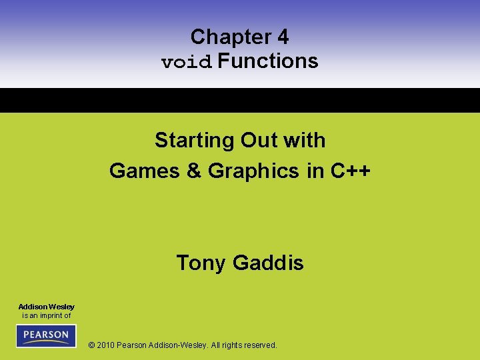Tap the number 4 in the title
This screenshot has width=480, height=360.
[283, 37]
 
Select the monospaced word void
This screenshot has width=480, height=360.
[187, 62]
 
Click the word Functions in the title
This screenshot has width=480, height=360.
[268, 61]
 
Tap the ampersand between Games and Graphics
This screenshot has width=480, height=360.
[194, 171]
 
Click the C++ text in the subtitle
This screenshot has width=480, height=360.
[351, 171]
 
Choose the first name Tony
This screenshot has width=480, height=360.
[201, 263]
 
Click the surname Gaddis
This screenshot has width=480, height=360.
[268, 263]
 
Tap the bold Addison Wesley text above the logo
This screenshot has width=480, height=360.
[46, 307]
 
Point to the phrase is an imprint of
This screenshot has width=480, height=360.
[46, 315]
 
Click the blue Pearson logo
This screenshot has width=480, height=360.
[46, 335]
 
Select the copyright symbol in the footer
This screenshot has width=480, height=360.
[91, 345]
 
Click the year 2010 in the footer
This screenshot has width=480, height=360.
[106, 345]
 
